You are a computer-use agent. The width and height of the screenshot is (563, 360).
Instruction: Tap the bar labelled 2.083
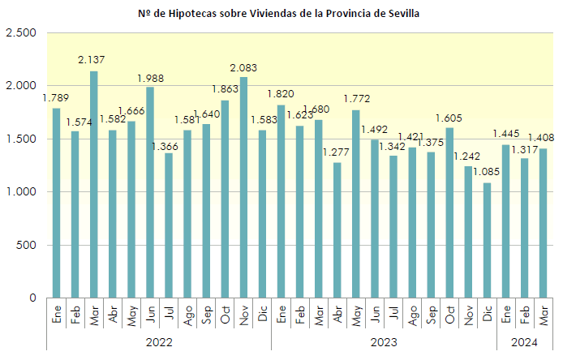pyautogui.click(x=243, y=187)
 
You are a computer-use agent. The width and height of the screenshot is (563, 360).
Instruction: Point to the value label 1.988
pyautogui.click(x=150, y=78)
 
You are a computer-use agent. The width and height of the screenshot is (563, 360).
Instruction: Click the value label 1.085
pyautogui.click(x=487, y=174)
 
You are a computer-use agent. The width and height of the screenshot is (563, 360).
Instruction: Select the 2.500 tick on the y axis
pyautogui.click(x=21, y=32)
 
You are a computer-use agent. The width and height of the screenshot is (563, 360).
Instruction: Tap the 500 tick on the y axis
pyautogui.click(x=27, y=245)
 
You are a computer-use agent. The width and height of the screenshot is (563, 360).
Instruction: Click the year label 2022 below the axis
pyautogui.click(x=159, y=342)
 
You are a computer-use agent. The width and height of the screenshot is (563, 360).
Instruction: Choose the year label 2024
pyautogui.click(x=525, y=342)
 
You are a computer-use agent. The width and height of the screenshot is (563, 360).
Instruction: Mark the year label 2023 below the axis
pyautogui.click(x=384, y=342)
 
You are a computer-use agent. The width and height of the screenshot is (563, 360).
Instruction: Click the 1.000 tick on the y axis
pyautogui.click(x=21, y=192)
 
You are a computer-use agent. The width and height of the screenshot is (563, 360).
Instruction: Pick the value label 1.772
pyautogui.click(x=356, y=100)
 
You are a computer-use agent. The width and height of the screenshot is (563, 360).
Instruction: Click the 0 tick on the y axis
pyautogui.click(x=32, y=298)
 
